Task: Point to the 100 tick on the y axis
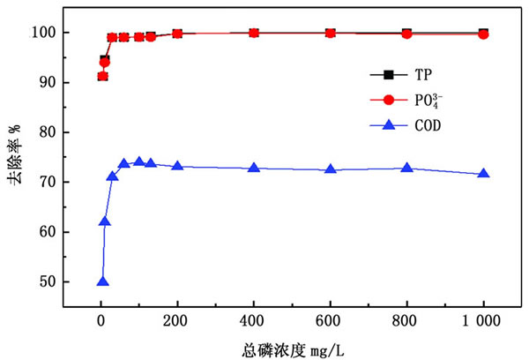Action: pyautogui.click(x=46, y=33)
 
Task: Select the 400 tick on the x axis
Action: pyautogui.click(x=254, y=320)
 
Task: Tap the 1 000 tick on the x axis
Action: pyautogui.click(x=483, y=320)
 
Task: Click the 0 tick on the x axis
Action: pyautogui.click(x=101, y=320)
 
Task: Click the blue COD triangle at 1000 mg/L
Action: pyautogui.click(x=483, y=174)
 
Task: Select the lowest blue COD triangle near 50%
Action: pyautogui.click(x=102, y=281)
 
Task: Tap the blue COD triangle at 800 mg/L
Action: pyautogui.click(x=406, y=168)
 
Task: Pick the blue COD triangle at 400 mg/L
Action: pyautogui.click(x=254, y=168)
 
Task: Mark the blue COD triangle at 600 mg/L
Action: pyautogui.click(x=330, y=169)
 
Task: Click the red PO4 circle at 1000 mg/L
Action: pyautogui.click(x=483, y=34)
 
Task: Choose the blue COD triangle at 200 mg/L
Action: pyautogui.click(x=177, y=166)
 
